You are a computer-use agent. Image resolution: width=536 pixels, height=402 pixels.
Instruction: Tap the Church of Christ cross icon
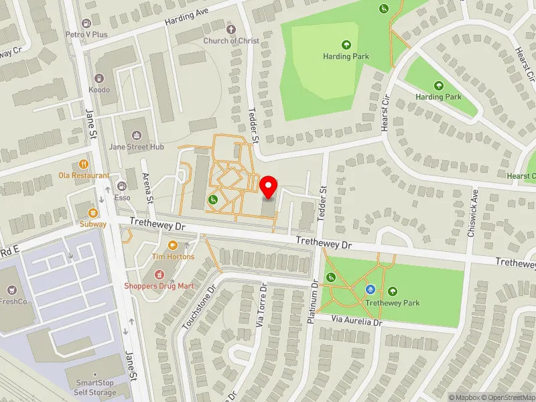click(232, 29)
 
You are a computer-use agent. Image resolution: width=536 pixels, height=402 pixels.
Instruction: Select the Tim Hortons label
click(173, 257)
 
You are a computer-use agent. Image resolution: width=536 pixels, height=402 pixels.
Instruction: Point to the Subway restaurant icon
click(93, 212)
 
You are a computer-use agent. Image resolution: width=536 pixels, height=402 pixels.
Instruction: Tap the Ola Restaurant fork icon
click(84, 163)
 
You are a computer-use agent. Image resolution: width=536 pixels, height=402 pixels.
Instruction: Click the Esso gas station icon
click(122, 186)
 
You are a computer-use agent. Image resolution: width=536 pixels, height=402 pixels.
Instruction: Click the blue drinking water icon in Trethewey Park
click(369, 289)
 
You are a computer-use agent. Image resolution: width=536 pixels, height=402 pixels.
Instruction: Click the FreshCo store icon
click(11, 290)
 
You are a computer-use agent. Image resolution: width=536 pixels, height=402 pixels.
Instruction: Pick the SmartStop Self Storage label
click(94, 387)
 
